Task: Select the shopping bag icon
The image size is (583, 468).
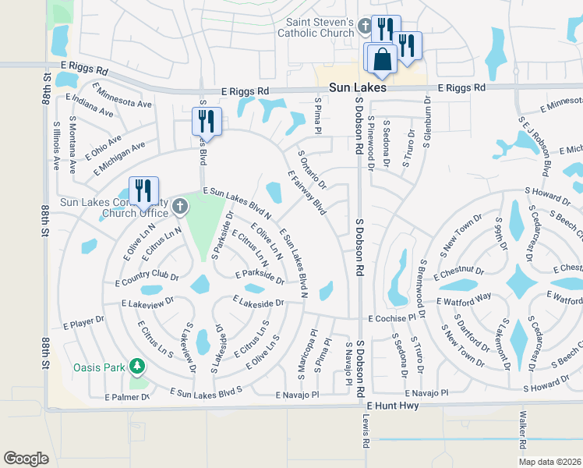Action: [382, 59]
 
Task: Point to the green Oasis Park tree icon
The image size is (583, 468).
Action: [137, 366]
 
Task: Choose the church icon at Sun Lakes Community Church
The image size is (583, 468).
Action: [180, 207]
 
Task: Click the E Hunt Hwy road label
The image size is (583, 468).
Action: [393, 406]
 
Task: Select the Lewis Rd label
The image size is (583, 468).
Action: [366, 431]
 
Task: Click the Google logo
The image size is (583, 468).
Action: [26, 458]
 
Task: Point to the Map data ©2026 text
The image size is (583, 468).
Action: [549, 462]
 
